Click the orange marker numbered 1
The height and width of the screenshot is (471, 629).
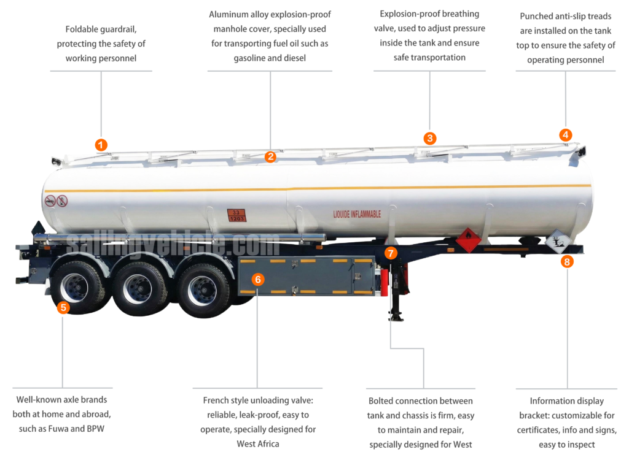[x=101, y=145]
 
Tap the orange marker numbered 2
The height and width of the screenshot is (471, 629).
[x=270, y=157]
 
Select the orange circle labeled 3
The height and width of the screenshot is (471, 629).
[x=430, y=139]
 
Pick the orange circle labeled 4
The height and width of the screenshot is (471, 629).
[x=566, y=135]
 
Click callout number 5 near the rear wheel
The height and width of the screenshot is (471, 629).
[x=63, y=308]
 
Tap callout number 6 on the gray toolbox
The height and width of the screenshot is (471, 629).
[x=258, y=280]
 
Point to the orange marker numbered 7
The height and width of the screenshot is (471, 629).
[x=391, y=253]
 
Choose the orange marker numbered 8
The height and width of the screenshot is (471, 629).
[x=567, y=262]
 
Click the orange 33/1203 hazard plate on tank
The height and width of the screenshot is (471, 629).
[x=236, y=215]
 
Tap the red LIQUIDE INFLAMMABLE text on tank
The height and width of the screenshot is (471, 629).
[x=357, y=214]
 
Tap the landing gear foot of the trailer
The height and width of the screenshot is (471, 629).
[x=396, y=316]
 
